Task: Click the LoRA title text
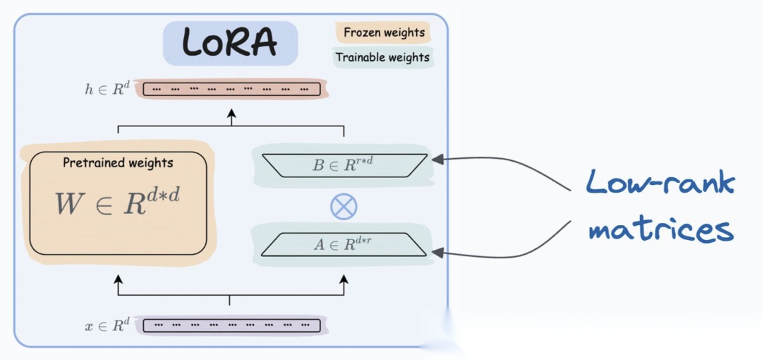pos(230,43)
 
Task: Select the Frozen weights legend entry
pos(384,32)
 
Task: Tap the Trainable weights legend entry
pos(382,57)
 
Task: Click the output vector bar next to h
pos(231,90)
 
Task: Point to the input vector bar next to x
pos(231,325)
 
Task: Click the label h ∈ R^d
pos(106,90)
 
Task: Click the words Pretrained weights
pos(118,163)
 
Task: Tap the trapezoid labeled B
pos(343,165)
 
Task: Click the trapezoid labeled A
pos(343,244)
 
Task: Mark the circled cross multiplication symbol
pos(344,206)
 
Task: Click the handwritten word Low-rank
pos(660,185)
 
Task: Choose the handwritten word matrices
pos(660,229)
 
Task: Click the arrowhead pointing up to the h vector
pos(231,114)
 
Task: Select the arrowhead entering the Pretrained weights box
pos(118,281)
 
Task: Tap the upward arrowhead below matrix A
pos(344,281)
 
